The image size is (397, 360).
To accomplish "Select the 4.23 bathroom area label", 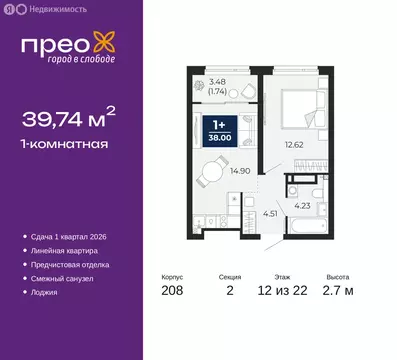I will tap(301, 208).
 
